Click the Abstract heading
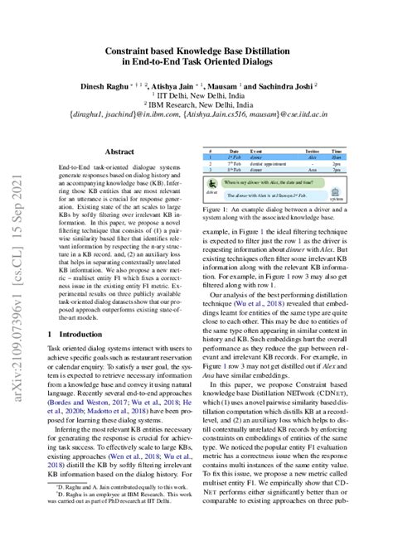(119, 152)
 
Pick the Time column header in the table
(336, 152)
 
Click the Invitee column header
(312, 152)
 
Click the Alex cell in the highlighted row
(312, 158)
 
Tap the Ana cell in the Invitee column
(312, 170)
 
